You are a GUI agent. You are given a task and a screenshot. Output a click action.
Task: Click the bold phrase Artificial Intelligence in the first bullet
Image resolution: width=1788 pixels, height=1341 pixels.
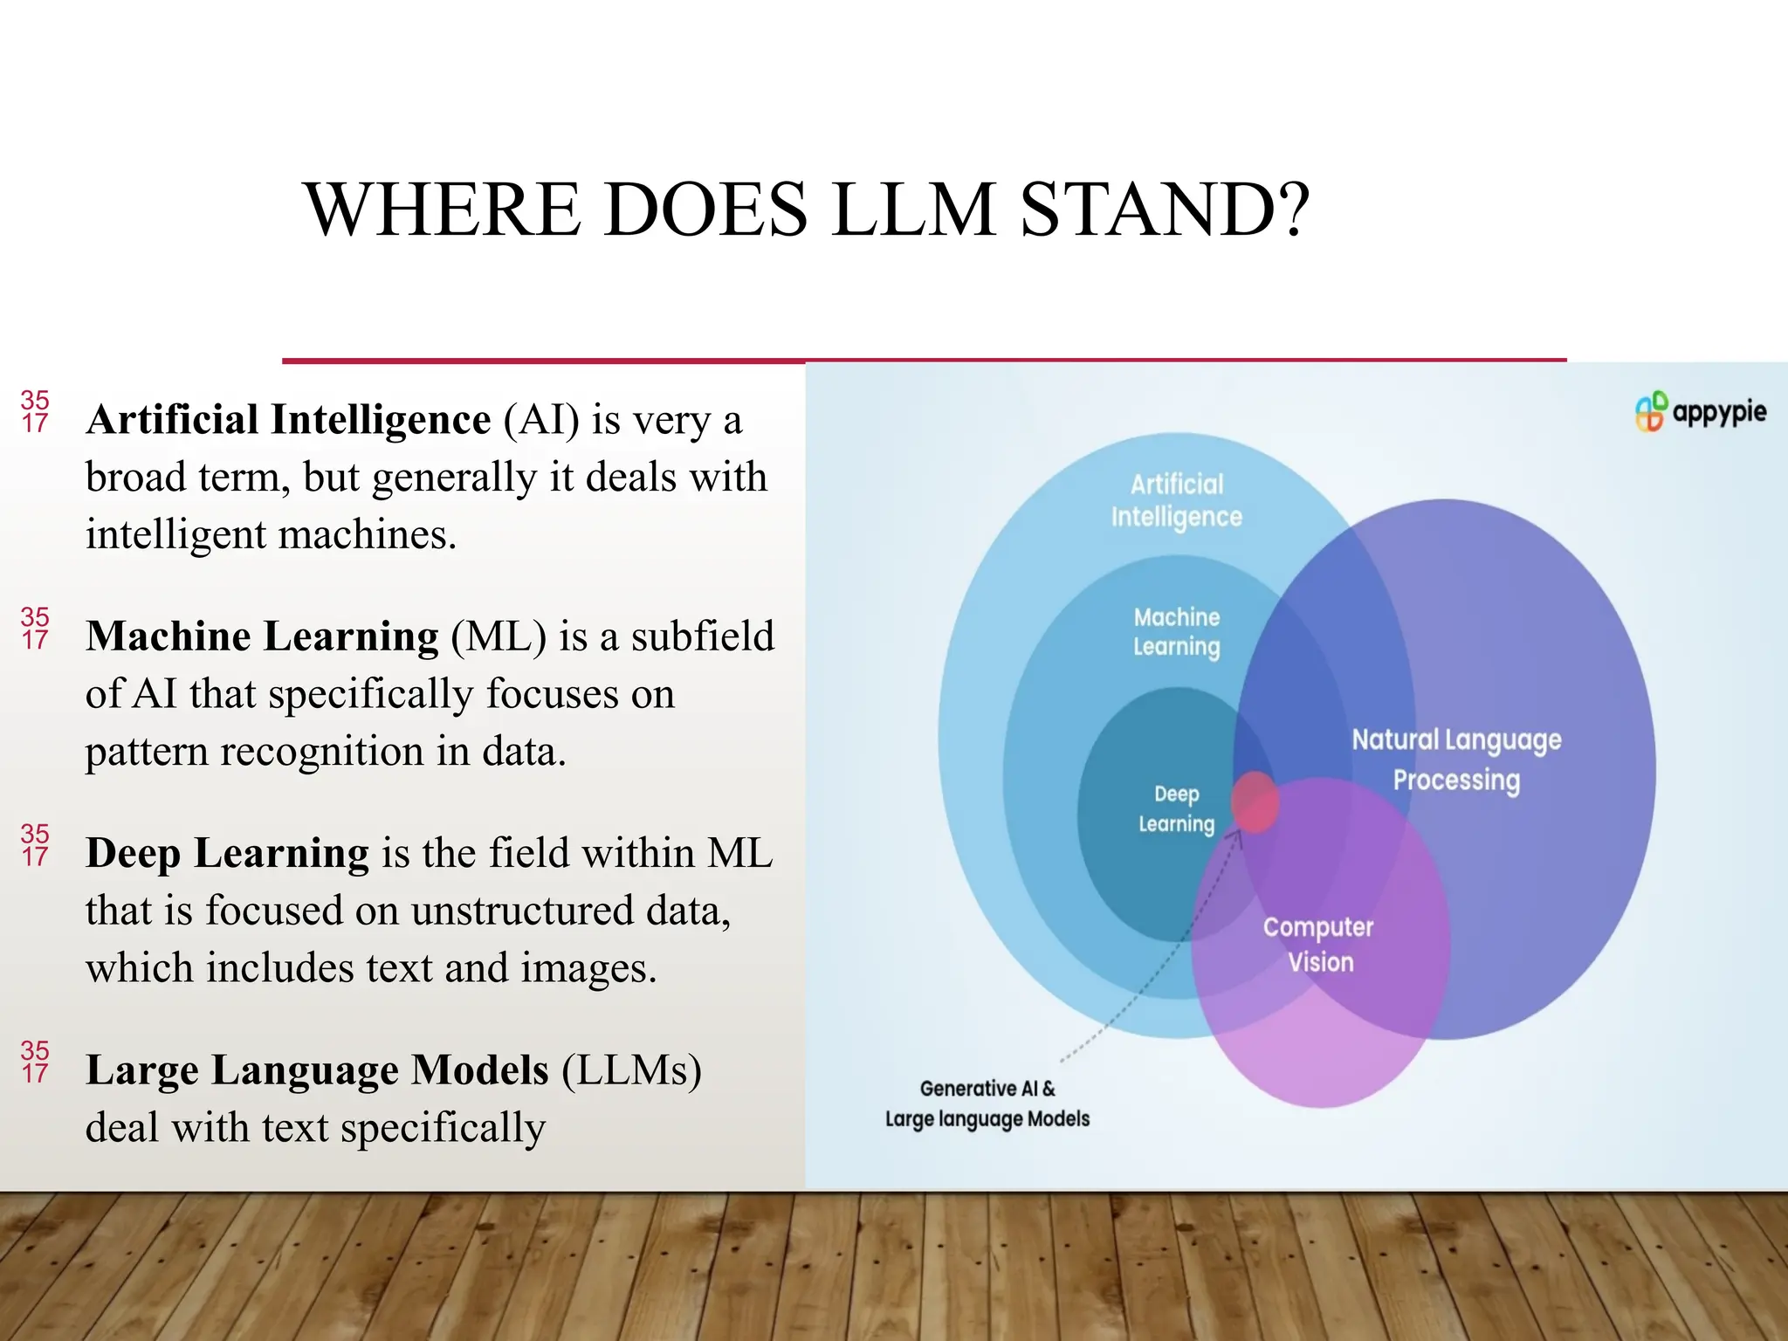pos(289,419)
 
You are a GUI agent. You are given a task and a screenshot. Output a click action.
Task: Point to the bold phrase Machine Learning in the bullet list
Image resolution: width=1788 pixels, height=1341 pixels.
pos(263,636)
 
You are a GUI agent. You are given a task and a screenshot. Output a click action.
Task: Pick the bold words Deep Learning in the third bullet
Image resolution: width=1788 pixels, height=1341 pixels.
pos(228,852)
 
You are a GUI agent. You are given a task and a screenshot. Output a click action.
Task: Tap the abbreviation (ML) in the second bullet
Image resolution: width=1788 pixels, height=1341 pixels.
pos(499,636)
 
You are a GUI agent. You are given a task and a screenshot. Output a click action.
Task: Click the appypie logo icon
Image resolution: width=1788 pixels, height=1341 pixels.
pos(1650,411)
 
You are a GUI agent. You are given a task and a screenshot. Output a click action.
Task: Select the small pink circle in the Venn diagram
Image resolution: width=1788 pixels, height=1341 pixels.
pos(1255,801)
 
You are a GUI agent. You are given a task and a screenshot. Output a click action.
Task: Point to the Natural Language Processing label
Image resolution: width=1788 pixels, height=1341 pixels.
pos(1456,760)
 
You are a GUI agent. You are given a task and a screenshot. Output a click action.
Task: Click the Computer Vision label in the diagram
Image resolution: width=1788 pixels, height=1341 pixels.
pos(1318,944)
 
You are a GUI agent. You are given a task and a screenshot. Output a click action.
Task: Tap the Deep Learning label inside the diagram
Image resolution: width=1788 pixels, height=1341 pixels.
pos(1176,808)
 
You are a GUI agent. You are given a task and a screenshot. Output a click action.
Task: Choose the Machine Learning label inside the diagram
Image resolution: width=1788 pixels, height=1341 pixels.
pos(1177,631)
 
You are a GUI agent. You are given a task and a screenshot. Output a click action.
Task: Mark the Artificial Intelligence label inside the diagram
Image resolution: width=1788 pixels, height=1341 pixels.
pos(1177,500)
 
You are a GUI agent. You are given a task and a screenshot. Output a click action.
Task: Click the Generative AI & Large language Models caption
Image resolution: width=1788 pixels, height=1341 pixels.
pos(987,1104)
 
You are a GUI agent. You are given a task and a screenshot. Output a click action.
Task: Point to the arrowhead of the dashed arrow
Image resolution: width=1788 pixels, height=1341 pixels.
pos(1237,834)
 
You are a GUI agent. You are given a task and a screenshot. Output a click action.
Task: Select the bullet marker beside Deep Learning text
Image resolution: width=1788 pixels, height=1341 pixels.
pos(35,845)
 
